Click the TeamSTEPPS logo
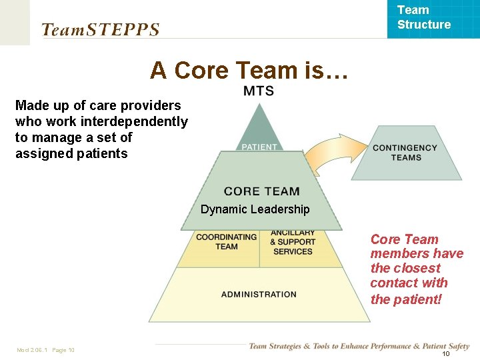(x=101, y=29)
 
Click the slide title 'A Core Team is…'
(x=249, y=70)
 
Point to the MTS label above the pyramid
(x=258, y=91)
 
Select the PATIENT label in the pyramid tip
(x=259, y=147)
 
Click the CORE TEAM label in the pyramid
(x=261, y=191)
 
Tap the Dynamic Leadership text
(x=255, y=209)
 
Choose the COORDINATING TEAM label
(x=226, y=241)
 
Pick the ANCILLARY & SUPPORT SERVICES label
(x=293, y=242)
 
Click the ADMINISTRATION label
(x=259, y=294)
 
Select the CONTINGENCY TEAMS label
(x=405, y=153)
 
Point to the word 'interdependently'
(x=133, y=121)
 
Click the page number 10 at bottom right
(x=446, y=353)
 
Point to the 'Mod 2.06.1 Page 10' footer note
(x=45, y=350)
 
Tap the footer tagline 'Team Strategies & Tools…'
(x=359, y=346)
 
